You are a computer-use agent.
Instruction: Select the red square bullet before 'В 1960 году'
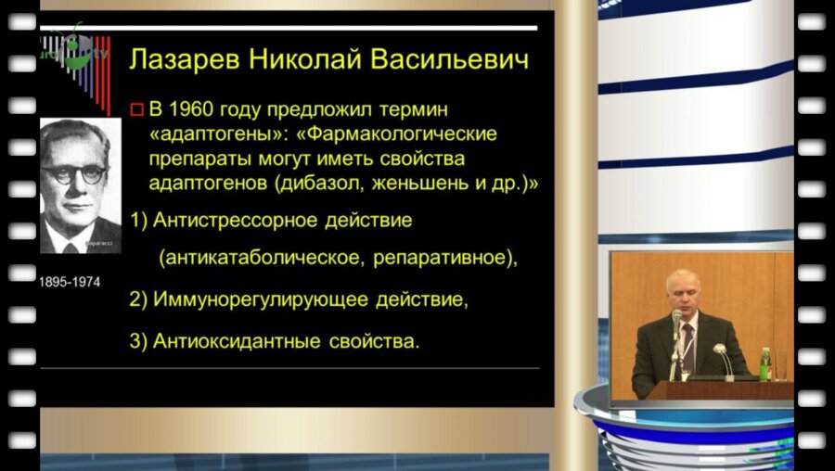pyautogui.click(x=137, y=110)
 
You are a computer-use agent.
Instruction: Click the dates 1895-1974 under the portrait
pyautogui.click(x=70, y=281)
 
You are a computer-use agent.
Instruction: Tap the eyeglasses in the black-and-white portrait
pyautogui.click(x=81, y=173)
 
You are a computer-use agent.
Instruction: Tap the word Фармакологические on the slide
pyautogui.click(x=405, y=134)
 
